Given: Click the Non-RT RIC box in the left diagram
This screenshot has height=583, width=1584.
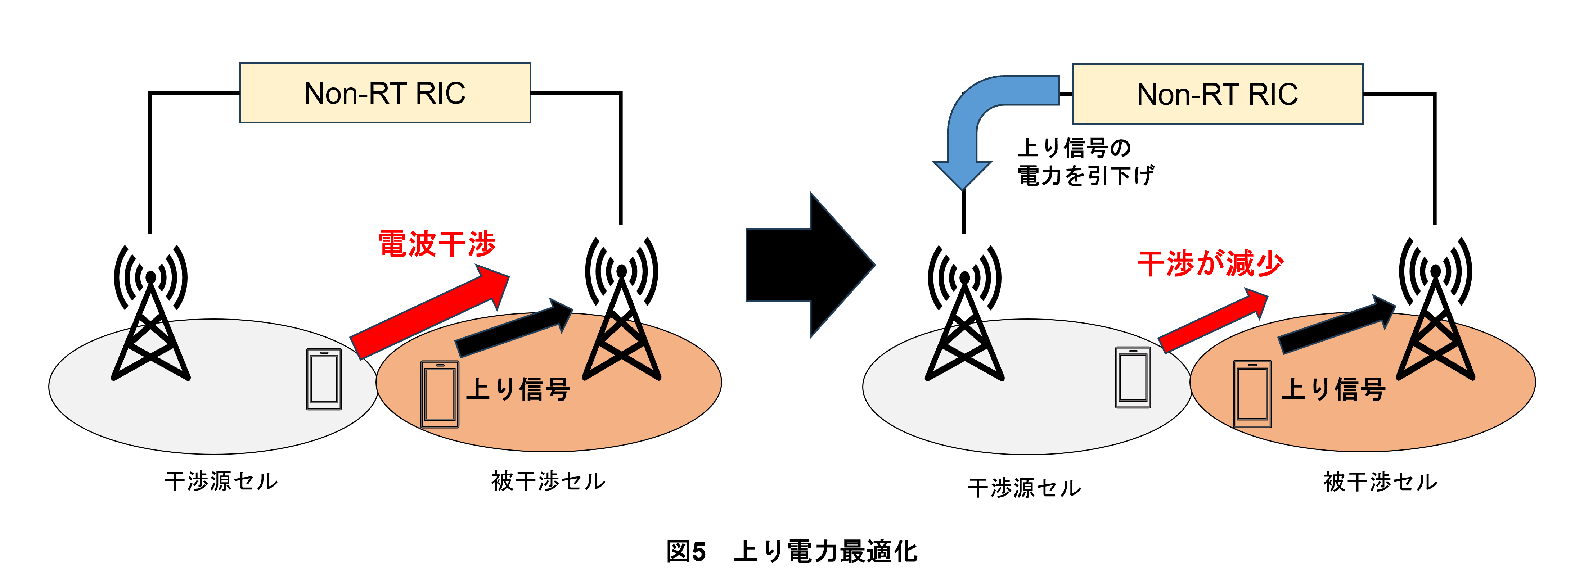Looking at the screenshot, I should (x=385, y=93).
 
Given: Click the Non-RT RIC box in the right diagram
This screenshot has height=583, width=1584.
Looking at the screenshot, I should (x=1218, y=94).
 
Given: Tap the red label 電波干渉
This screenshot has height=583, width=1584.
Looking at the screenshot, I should (x=437, y=244).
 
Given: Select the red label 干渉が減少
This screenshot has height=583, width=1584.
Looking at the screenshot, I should (x=1210, y=264).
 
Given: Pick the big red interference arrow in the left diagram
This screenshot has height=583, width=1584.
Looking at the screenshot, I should (x=431, y=311).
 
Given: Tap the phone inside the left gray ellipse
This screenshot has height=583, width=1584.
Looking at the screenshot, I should (x=324, y=379).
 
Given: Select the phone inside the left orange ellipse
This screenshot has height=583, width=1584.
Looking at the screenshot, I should (x=440, y=394).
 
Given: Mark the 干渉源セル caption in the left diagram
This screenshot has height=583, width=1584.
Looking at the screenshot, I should (x=221, y=481).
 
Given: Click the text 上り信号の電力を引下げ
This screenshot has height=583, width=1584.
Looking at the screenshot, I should (x=1086, y=162).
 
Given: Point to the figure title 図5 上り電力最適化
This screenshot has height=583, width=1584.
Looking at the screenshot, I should (x=792, y=551).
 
